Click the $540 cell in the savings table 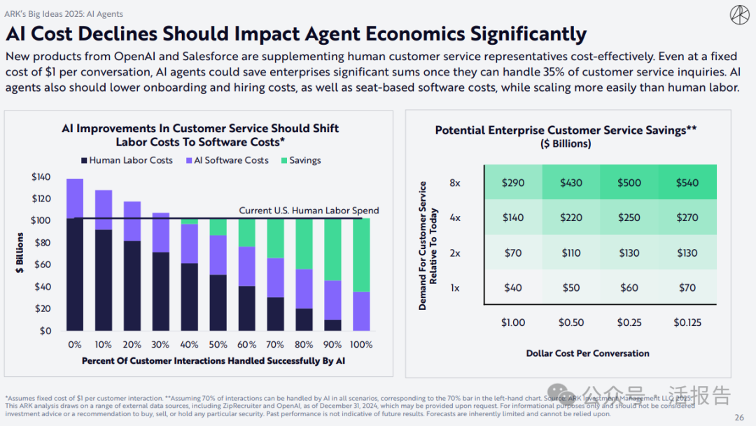687,182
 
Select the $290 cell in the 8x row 512,182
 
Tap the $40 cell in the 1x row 512,287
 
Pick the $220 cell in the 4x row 571,218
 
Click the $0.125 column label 687,322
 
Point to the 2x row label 455,253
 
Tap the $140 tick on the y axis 41,177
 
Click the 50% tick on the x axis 218,344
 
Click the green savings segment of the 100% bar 360,255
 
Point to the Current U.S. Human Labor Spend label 309,211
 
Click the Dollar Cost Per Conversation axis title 587,353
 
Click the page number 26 739,418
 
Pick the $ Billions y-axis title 20,253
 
